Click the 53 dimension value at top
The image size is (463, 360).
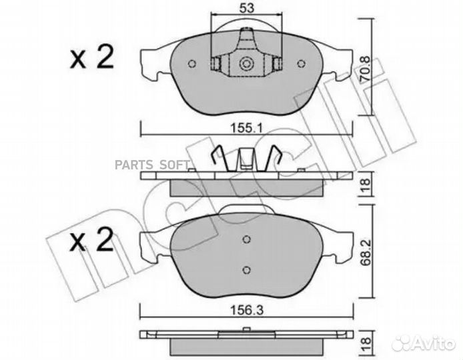(247, 8)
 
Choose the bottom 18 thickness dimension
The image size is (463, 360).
(365, 343)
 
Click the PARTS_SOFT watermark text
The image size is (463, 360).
(153, 165)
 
